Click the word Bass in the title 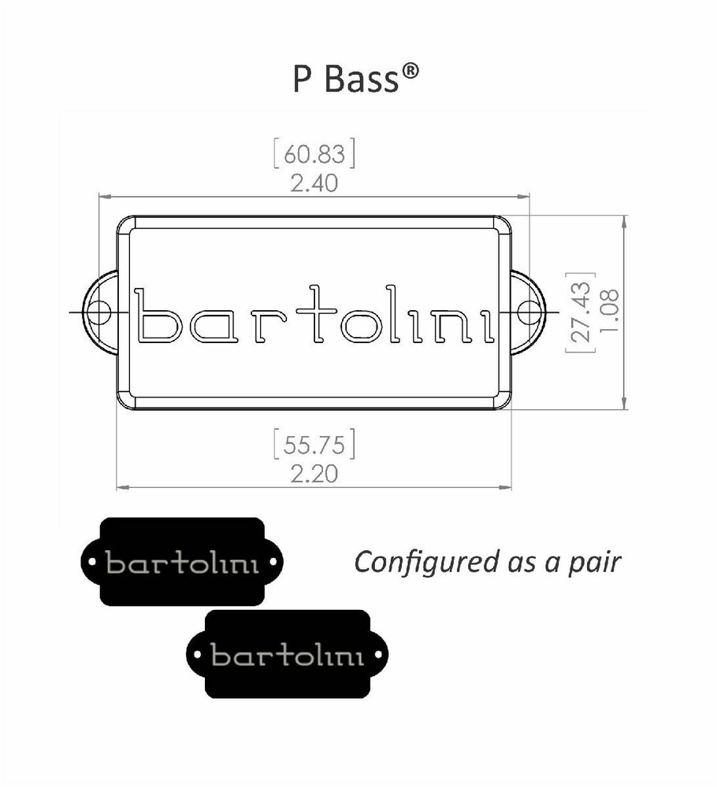click(x=364, y=79)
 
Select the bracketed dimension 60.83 click(x=314, y=154)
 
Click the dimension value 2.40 click(x=314, y=183)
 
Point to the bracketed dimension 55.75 click(x=314, y=445)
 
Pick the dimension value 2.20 click(x=314, y=474)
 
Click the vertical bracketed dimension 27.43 click(x=581, y=312)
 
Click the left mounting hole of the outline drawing click(x=99, y=312)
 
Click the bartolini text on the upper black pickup click(x=182, y=564)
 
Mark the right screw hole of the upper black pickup click(x=273, y=563)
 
